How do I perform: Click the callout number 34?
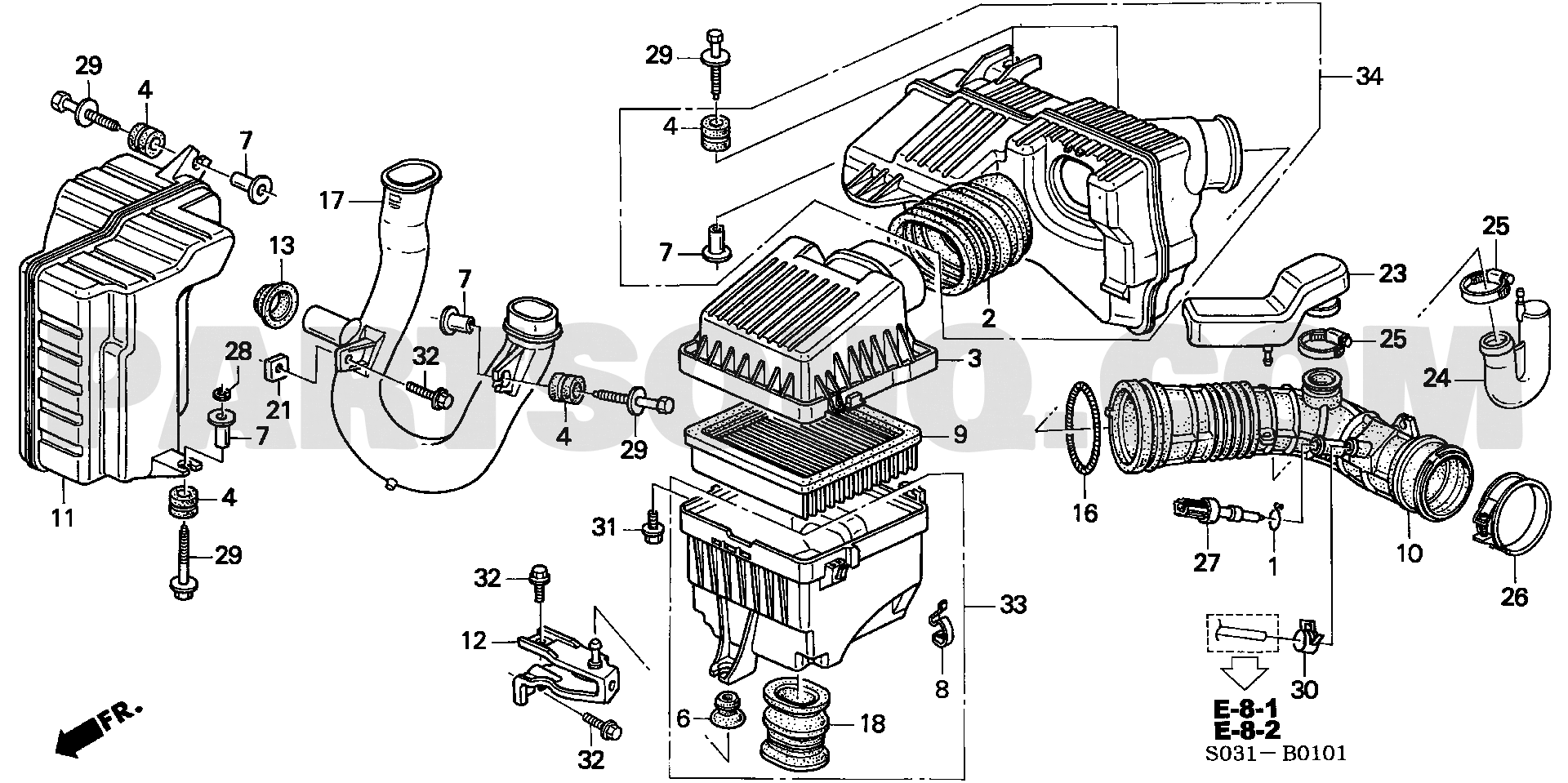coord(1370,77)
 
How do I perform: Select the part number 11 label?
coord(63,517)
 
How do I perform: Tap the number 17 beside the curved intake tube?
coord(332,200)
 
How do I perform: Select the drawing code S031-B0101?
coord(1286,753)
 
